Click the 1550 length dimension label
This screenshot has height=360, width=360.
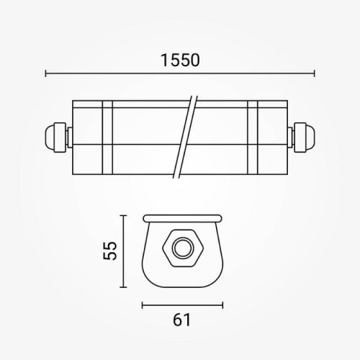point(179,60)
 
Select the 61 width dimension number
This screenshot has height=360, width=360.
point(181,320)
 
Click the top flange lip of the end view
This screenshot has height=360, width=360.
point(181,217)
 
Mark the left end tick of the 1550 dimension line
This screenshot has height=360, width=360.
point(45,73)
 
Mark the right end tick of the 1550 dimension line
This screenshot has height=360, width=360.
point(314,73)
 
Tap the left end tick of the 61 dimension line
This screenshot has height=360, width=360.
point(143,303)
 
